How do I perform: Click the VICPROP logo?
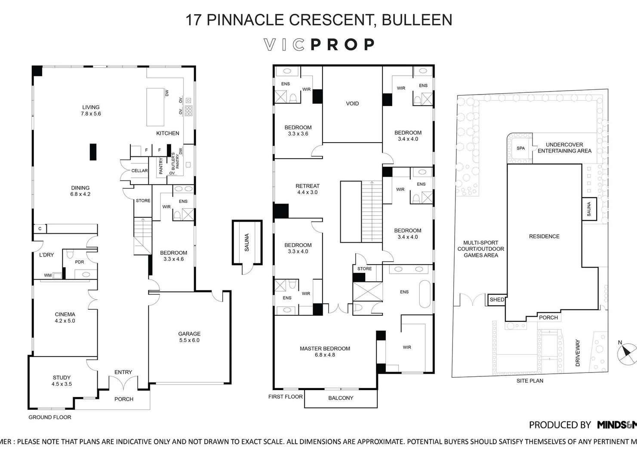[x=319, y=45]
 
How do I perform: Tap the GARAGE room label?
[x=189, y=334]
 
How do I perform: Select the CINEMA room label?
[x=65, y=314]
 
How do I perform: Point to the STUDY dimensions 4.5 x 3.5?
[x=62, y=384]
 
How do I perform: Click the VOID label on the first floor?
[x=352, y=104]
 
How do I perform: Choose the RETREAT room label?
[x=308, y=186]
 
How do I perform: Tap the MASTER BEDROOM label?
[x=325, y=348]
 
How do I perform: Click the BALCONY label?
[x=341, y=398]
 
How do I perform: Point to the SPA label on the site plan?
[x=520, y=148]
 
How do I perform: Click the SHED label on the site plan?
[x=497, y=300]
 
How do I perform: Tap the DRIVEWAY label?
[x=578, y=353]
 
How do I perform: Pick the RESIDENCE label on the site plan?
[x=544, y=236]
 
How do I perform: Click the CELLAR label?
[x=139, y=171]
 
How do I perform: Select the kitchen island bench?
[x=155, y=107]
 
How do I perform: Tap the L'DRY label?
[x=46, y=255]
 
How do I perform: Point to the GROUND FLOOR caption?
[x=50, y=417]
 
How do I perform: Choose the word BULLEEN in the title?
[x=417, y=20]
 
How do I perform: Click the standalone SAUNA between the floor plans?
[x=247, y=243]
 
